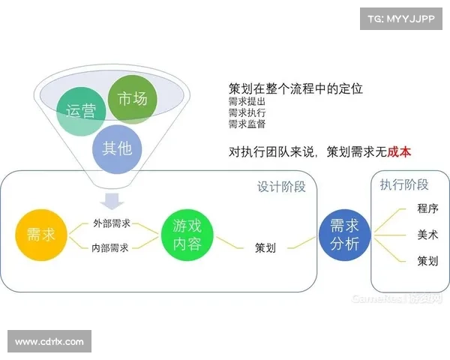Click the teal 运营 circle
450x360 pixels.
pos(80,112)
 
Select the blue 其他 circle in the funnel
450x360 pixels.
pos(115,148)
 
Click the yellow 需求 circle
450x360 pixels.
pos(40,235)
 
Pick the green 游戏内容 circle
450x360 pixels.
pos(188,234)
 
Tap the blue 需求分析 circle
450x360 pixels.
pos(345,235)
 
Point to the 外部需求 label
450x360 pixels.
pos(111,223)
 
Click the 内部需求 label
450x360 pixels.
pos(111,247)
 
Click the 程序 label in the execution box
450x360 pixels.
pos(427,208)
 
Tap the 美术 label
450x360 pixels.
pos(427,235)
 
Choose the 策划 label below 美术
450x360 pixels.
pos(427,261)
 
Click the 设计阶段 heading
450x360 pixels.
pos(281,187)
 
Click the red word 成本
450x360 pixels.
pos(399,151)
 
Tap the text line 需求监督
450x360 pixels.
pos(247,124)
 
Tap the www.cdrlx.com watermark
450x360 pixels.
pos(50,342)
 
